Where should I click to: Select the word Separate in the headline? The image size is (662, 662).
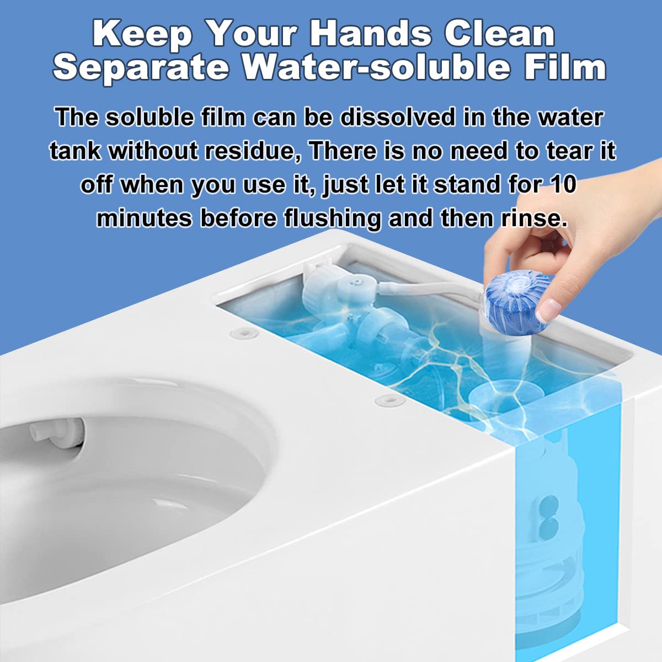[x=142, y=68]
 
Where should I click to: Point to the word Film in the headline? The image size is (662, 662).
[x=565, y=66]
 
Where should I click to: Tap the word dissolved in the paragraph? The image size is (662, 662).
[x=397, y=118]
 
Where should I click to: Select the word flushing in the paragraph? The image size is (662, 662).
[x=332, y=218]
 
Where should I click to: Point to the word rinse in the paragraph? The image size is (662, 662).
[x=533, y=218]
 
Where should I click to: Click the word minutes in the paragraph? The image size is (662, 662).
[x=144, y=218]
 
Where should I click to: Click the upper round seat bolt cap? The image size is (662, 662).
[x=244, y=333]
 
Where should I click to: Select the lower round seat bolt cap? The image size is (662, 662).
[x=389, y=400]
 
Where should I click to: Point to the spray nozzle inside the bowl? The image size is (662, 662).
[x=57, y=434]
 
